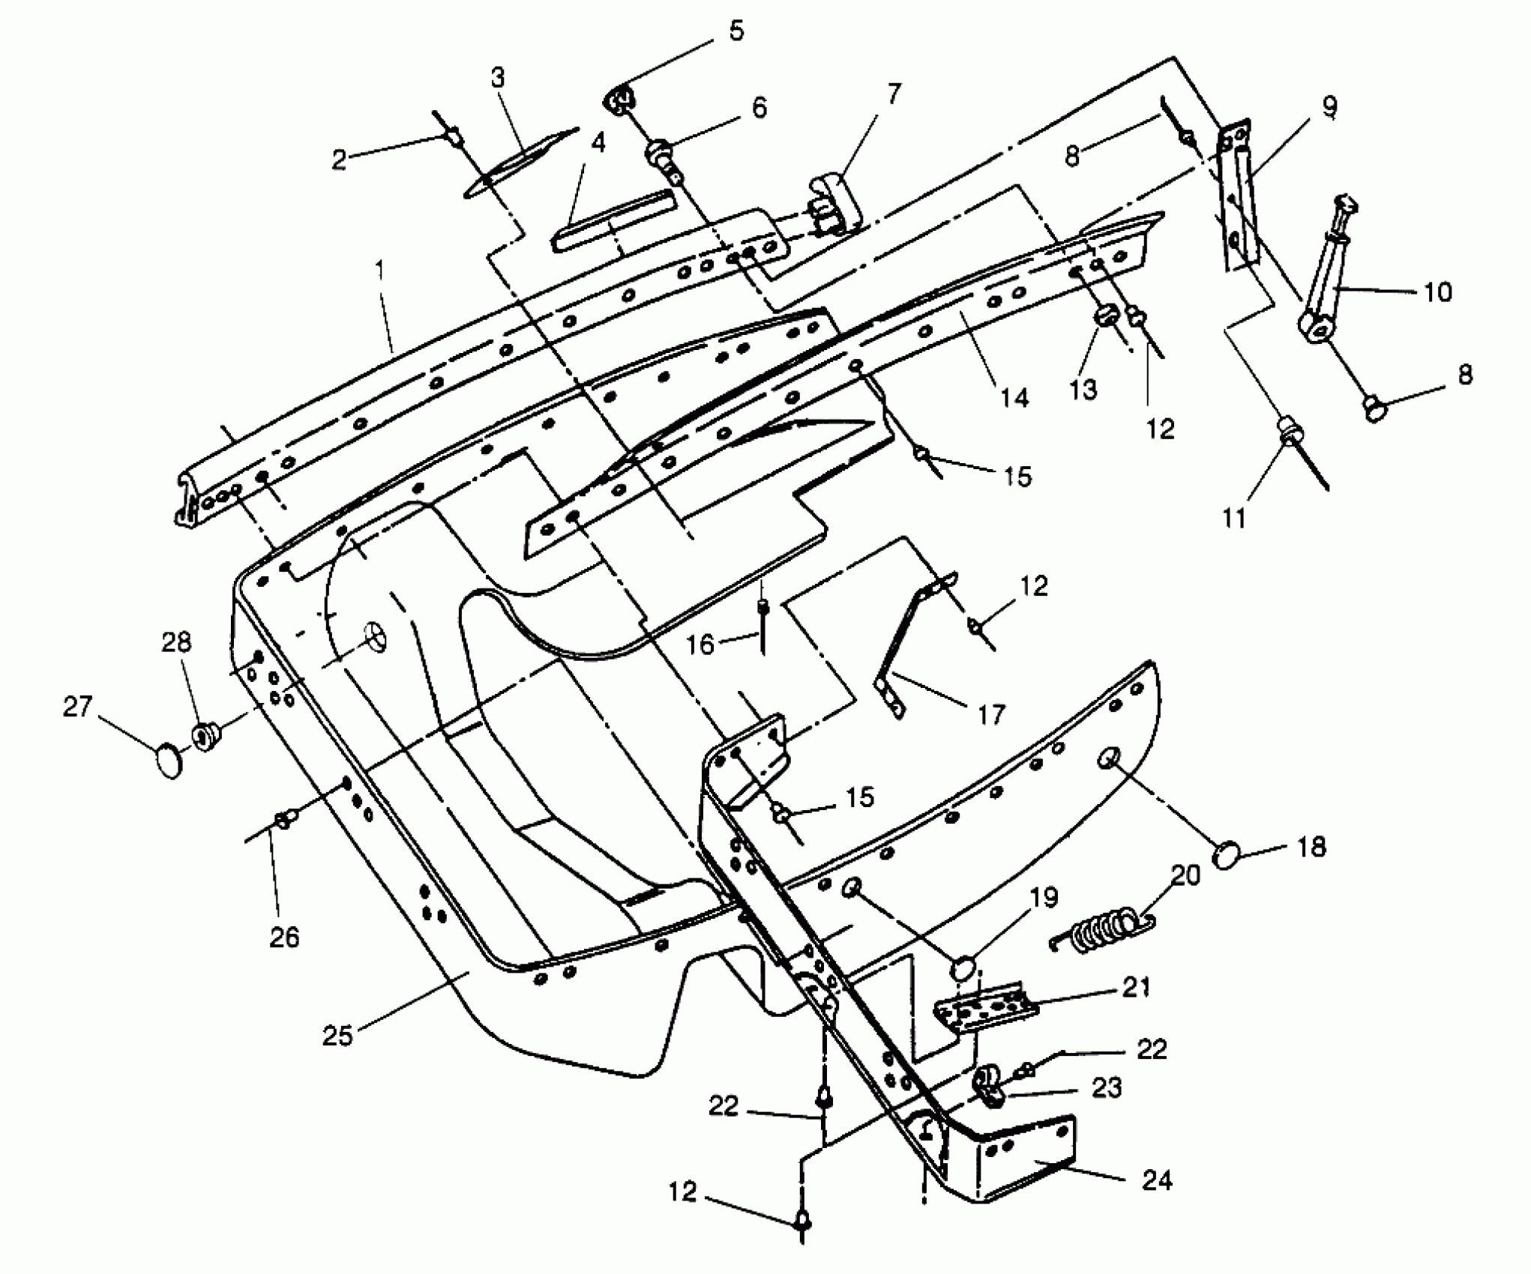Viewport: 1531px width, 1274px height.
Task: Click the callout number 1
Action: [x=382, y=270]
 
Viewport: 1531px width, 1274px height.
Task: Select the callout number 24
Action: [x=1155, y=1181]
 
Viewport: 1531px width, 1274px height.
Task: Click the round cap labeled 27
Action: [x=170, y=762]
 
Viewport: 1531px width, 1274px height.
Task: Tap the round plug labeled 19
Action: [x=965, y=967]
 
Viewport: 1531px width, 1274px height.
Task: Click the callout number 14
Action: [x=1014, y=397]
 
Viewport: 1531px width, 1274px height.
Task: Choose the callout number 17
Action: [x=990, y=715]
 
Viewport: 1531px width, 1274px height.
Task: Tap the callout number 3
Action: [x=499, y=78]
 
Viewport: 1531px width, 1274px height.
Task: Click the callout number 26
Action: [x=285, y=938]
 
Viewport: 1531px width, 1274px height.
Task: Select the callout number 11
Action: [x=1234, y=518]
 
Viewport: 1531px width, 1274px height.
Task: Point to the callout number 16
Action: [x=701, y=644]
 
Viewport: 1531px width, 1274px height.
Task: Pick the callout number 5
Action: [x=736, y=31]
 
